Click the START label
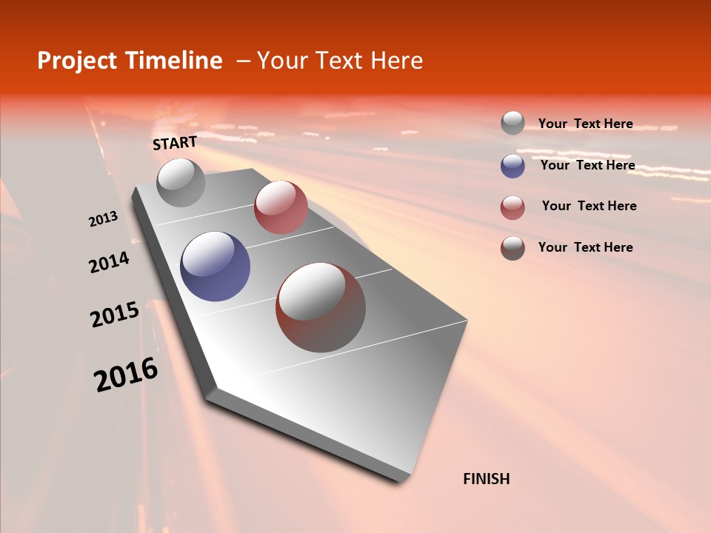point(175,143)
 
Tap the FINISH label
point(487,479)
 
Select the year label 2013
point(104,219)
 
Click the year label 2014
point(110,263)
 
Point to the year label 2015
point(115,315)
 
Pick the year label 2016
point(126,375)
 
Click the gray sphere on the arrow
point(181,182)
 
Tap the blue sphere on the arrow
point(215,266)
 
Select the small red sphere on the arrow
point(281,207)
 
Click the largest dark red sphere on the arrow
point(321,307)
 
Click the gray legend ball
point(513,123)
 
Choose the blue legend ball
point(513,166)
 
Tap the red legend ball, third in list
point(513,207)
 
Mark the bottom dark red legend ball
point(513,248)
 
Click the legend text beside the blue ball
point(587,165)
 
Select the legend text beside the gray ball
point(585,124)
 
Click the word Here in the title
point(396,61)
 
